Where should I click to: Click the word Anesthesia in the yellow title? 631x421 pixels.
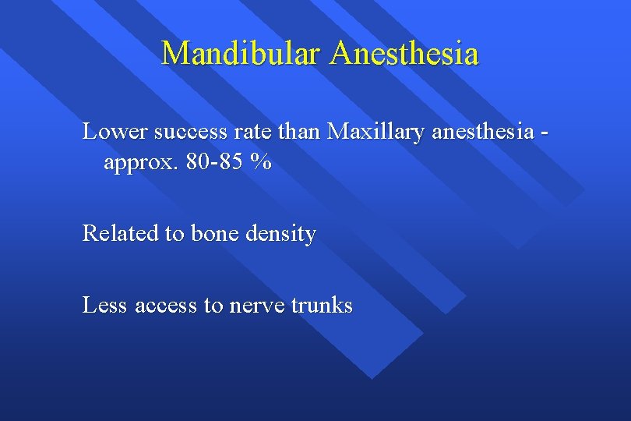point(404,54)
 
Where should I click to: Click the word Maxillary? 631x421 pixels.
point(376,132)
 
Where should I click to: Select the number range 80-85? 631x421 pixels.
point(215,163)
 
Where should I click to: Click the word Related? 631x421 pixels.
point(118,234)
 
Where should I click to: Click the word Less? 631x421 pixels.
point(105,305)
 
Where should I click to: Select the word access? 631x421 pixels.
point(166,305)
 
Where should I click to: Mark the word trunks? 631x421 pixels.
point(323,305)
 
